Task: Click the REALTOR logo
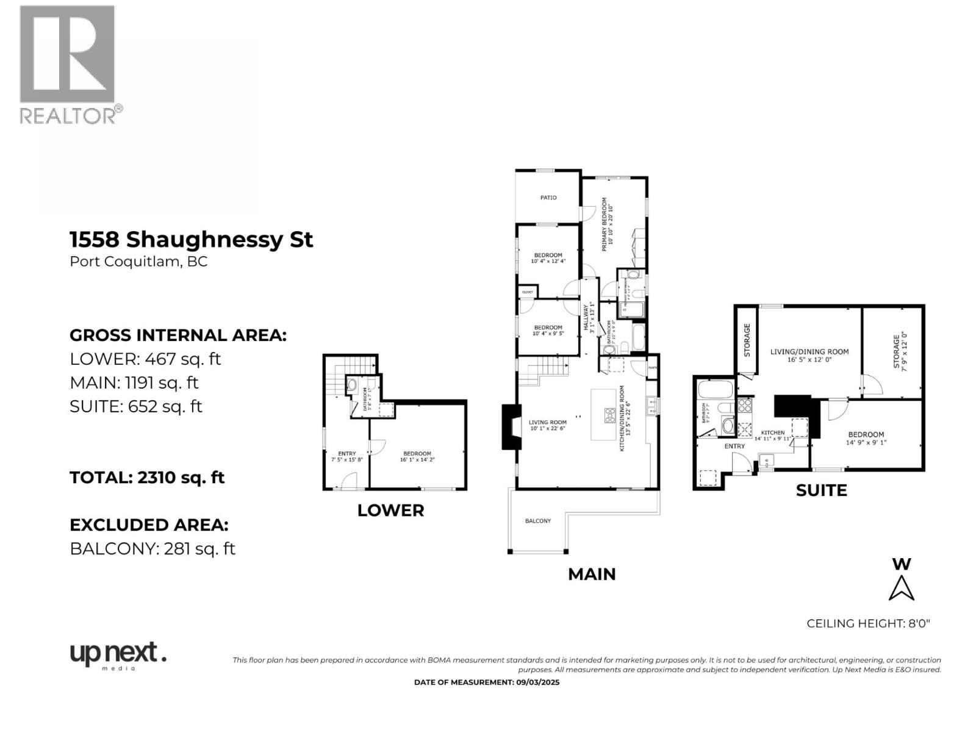tap(67, 64)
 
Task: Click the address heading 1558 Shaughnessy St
tap(191, 240)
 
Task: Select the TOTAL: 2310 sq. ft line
tap(147, 478)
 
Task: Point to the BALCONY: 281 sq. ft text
tap(152, 548)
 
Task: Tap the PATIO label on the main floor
tap(548, 198)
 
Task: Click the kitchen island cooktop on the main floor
tap(609, 415)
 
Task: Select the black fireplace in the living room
tap(511, 427)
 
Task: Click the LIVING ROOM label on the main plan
tap(547, 422)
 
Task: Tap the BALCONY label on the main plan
tap(537, 521)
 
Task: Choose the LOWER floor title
tap(390, 511)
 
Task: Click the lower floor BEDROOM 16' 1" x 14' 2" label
tap(417, 456)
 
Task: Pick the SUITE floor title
tap(821, 490)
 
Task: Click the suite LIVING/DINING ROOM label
tap(809, 355)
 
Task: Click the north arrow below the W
tap(901, 589)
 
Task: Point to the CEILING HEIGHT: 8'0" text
tap(867, 623)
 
